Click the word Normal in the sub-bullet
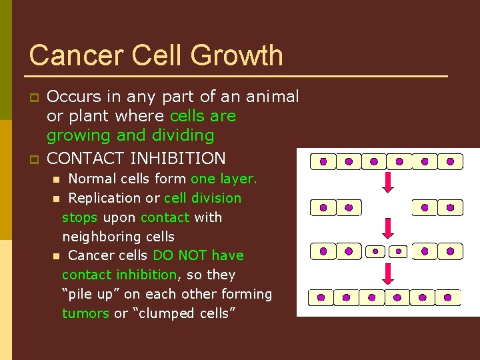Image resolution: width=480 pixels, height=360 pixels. (x=92, y=179)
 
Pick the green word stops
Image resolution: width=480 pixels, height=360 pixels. (x=79, y=217)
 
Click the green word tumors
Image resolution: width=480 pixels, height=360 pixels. (x=85, y=313)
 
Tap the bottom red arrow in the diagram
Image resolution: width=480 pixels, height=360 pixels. (x=388, y=273)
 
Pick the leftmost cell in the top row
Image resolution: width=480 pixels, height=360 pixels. (x=323, y=161)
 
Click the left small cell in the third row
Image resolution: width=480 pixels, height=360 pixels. (x=375, y=251)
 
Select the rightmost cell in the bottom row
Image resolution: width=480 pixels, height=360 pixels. (x=448, y=297)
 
